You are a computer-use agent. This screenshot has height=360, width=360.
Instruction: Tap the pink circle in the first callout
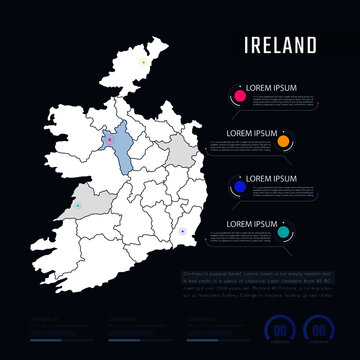(240, 96)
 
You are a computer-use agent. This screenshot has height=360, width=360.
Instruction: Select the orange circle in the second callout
(284, 142)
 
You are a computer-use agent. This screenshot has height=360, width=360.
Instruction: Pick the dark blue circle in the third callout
(240, 187)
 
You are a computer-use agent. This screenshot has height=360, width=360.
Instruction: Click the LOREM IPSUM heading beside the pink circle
(276, 88)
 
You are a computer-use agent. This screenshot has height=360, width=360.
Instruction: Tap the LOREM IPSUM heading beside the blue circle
(276, 178)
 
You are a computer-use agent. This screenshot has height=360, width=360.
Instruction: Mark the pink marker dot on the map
(109, 140)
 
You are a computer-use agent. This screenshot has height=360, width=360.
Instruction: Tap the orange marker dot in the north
(144, 62)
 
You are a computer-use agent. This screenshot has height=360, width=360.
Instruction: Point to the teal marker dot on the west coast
(76, 207)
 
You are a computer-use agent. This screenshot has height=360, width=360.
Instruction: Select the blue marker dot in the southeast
(182, 232)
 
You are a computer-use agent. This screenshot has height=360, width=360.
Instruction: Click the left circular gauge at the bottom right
(283, 328)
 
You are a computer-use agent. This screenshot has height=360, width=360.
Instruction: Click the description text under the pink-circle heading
(276, 101)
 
